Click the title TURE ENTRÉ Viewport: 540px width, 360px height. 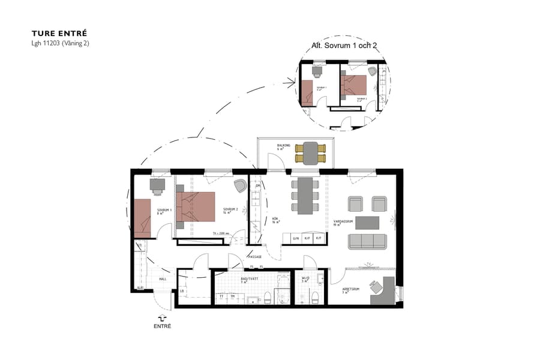pos(59,34)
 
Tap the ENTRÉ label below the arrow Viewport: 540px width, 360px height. pos(162,326)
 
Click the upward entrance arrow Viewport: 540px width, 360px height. pos(161,318)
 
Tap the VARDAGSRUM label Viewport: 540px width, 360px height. pos(342,222)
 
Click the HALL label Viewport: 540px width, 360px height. pos(162,279)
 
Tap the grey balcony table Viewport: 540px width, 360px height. pos(311,153)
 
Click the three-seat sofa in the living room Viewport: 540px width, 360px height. pos(368,241)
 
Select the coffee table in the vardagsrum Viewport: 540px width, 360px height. pos(367,223)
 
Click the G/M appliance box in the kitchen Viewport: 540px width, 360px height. pos(296,239)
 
